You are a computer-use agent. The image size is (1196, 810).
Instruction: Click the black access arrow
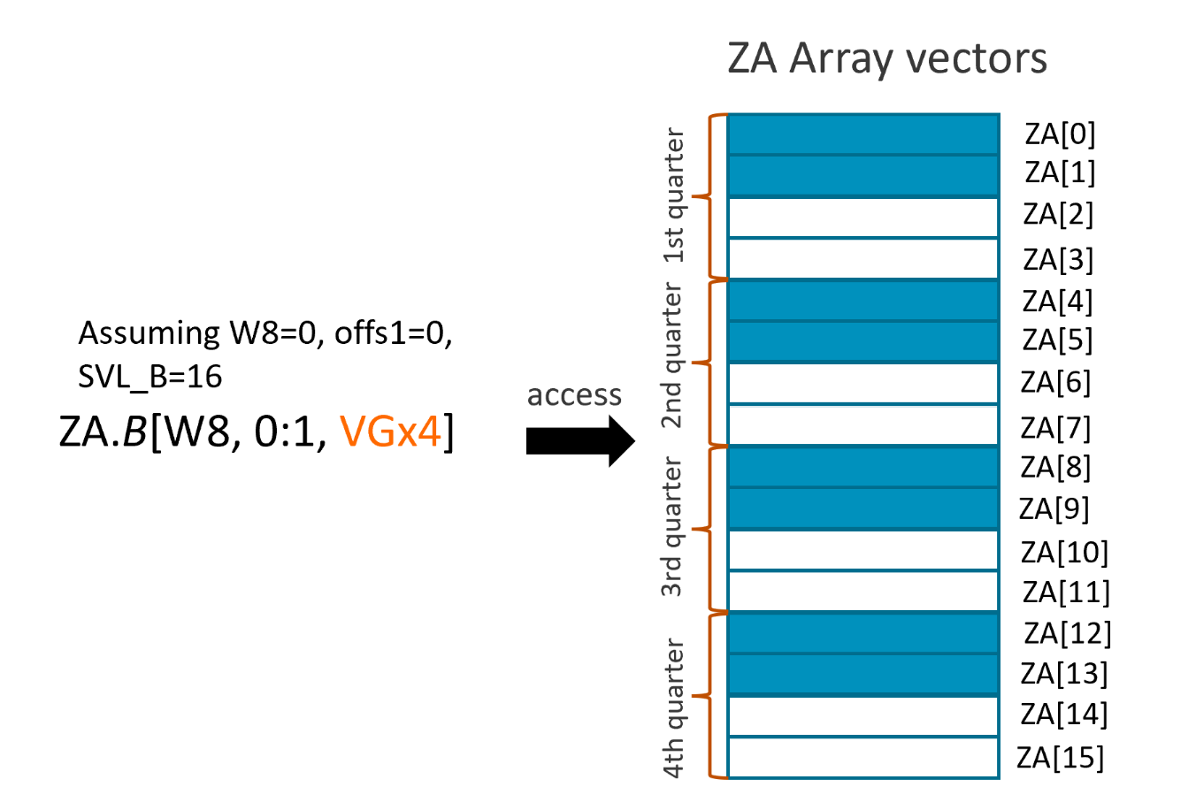[579, 439]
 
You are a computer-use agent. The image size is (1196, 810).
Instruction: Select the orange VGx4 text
[390, 432]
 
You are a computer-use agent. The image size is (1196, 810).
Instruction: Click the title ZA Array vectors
[886, 58]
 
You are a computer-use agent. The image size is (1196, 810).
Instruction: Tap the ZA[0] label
[1060, 134]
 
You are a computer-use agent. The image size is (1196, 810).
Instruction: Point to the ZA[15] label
[1060, 757]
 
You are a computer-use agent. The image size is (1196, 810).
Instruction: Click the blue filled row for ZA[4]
[862, 301]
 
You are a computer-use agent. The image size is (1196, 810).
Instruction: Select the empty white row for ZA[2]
[862, 218]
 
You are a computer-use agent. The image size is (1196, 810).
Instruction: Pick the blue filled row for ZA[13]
[862, 675]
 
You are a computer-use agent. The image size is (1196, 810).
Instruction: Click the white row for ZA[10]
[862, 550]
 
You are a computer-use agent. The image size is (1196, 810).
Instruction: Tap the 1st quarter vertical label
[674, 195]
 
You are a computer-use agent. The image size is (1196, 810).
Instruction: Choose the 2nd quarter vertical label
[674, 355]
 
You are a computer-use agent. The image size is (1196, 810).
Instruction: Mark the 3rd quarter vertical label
[674, 526]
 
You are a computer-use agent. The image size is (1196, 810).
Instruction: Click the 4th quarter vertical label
[674, 707]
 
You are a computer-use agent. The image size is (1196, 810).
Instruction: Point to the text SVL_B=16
[150, 377]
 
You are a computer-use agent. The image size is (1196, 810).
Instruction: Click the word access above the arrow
[574, 394]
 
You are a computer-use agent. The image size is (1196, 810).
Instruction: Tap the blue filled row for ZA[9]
[862, 508]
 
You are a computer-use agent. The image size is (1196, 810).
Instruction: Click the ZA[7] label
[1055, 427]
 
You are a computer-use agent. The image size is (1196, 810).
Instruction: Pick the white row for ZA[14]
[862, 716]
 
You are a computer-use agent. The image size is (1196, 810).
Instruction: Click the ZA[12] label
[1067, 633]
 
